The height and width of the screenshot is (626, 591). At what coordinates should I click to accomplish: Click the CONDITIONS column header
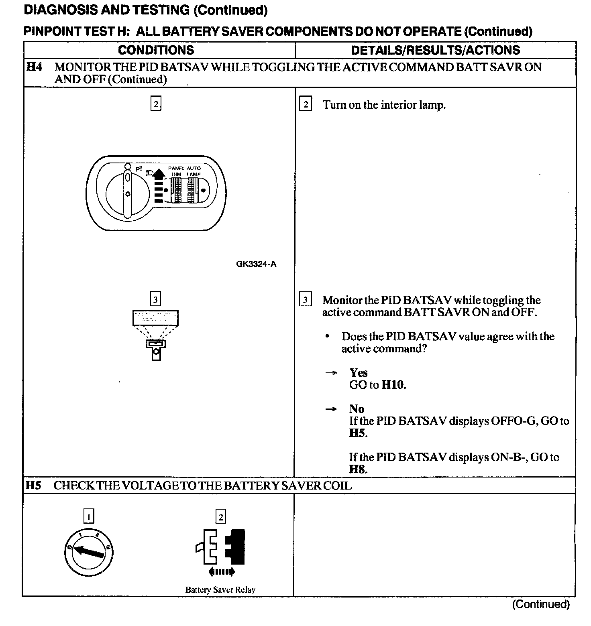coord(156,50)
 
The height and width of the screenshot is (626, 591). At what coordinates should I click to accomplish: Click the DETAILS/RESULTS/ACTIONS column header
coord(435,50)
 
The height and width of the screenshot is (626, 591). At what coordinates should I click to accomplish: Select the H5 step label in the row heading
coord(33,486)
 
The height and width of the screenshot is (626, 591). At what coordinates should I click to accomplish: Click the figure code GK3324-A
coord(256,264)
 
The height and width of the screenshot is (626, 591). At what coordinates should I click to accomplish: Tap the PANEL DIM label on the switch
coord(176,171)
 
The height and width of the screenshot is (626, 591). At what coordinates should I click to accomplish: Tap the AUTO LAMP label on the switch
coord(194,171)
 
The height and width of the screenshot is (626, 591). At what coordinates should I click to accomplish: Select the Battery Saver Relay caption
coord(220,590)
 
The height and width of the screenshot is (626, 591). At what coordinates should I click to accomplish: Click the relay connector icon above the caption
coord(220,547)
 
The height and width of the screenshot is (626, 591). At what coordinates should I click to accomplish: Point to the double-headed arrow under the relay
coord(221,572)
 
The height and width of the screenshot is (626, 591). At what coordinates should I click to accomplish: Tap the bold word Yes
coord(358,373)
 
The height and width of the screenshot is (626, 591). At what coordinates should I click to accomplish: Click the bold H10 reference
coord(393,385)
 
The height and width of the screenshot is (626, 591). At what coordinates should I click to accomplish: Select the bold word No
coord(357,409)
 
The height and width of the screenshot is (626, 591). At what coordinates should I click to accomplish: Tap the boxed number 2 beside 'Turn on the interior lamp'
coord(306,105)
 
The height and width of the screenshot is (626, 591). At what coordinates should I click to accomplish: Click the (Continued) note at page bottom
coord(540,604)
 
